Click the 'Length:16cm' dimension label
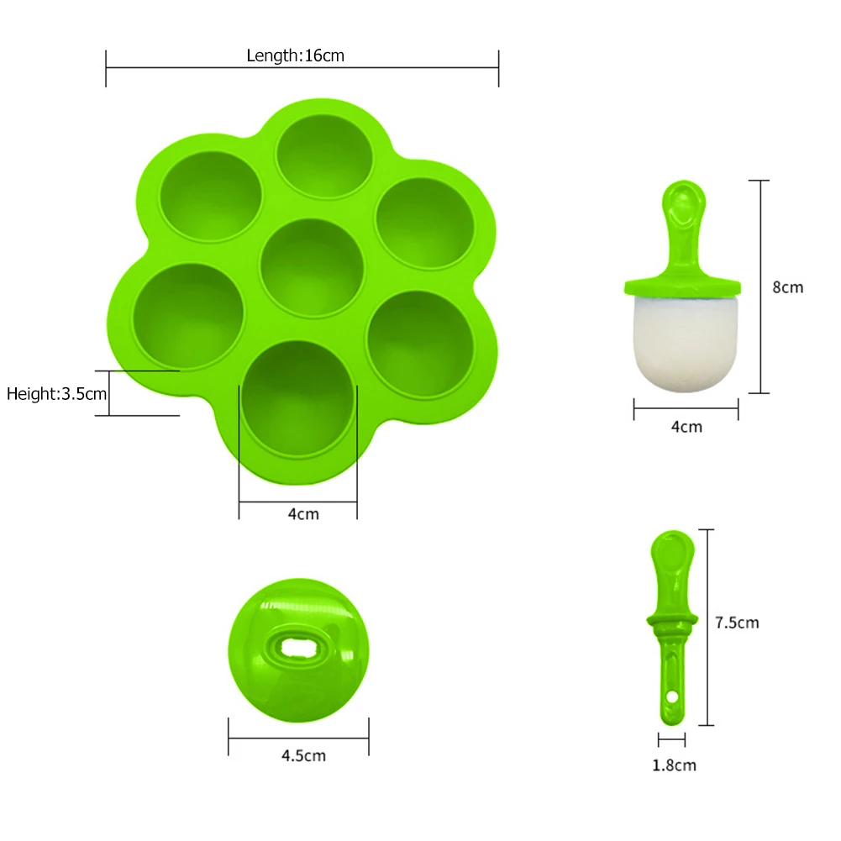point(296,55)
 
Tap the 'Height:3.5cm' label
point(57,392)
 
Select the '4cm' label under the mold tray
point(303,513)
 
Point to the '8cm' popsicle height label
point(787,287)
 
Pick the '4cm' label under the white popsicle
point(686,427)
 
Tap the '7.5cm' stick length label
point(736,623)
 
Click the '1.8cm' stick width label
point(673,765)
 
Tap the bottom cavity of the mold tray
point(298,397)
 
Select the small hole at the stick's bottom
point(674,697)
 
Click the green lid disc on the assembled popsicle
point(682,286)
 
